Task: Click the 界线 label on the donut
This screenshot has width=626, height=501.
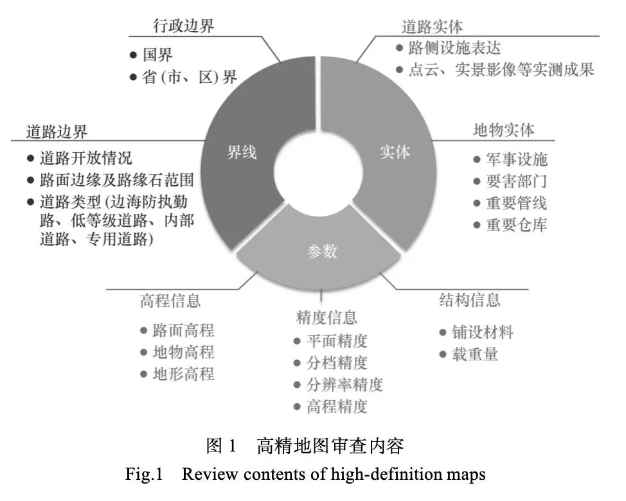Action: (241, 153)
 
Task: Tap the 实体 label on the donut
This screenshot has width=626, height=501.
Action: (394, 153)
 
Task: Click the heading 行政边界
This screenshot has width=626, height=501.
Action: (184, 26)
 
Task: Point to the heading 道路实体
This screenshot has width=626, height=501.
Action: (433, 27)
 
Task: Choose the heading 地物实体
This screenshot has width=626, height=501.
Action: (504, 130)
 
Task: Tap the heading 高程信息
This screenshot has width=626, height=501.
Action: (170, 301)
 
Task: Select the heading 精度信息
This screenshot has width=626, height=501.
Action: (326, 317)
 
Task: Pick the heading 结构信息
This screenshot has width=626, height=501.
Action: (469, 300)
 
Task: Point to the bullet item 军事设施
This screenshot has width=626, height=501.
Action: (517, 160)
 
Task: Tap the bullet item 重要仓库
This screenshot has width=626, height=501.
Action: (517, 225)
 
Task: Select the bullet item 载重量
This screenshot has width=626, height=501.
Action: (475, 354)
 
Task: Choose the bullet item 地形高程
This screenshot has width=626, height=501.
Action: (183, 374)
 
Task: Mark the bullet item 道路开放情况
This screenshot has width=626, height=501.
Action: (86, 158)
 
